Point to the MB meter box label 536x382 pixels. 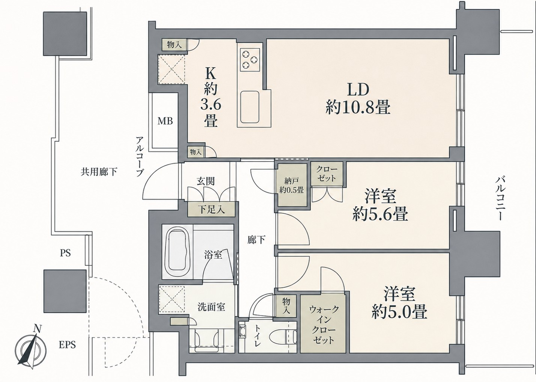(x=165, y=121)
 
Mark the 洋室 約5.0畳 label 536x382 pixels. (x=399, y=303)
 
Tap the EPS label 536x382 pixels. (x=67, y=345)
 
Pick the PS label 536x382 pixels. (x=65, y=253)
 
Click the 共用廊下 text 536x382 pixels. (x=99, y=172)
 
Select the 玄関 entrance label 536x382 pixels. (x=206, y=181)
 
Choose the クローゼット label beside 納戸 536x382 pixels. (x=327, y=174)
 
